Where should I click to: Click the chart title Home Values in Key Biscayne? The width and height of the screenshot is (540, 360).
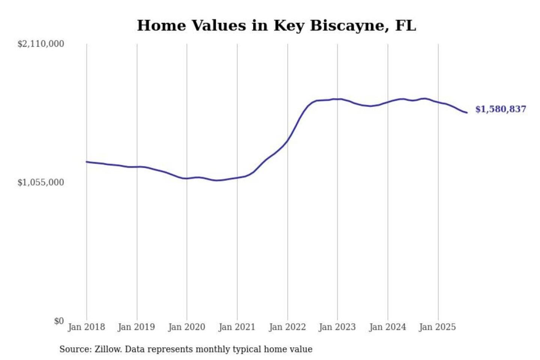pos(276,25)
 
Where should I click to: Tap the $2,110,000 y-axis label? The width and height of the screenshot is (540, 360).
pos(40,44)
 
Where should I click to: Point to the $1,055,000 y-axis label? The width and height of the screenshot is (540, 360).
pos(40,183)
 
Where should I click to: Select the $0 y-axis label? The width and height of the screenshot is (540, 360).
pos(59,321)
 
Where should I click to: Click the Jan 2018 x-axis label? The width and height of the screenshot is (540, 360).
pos(86,327)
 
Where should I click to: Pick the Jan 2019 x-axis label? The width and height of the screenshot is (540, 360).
pos(136,327)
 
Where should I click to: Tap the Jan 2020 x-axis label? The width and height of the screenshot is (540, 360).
pos(186,327)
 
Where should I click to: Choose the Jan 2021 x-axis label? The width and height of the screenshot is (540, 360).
pos(237,327)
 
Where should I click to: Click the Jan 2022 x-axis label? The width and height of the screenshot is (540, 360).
pos(287,327)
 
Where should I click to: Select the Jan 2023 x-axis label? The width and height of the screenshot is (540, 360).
pos(337,327)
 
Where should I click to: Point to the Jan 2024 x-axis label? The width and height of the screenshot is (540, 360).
pos(387,327)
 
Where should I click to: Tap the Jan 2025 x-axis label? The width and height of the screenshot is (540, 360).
pos(437,327)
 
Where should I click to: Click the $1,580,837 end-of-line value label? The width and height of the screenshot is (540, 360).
pos(501,109)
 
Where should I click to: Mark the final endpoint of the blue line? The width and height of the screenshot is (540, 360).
pos(467,112)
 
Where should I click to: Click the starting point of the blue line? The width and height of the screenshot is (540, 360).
pos(87,162)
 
